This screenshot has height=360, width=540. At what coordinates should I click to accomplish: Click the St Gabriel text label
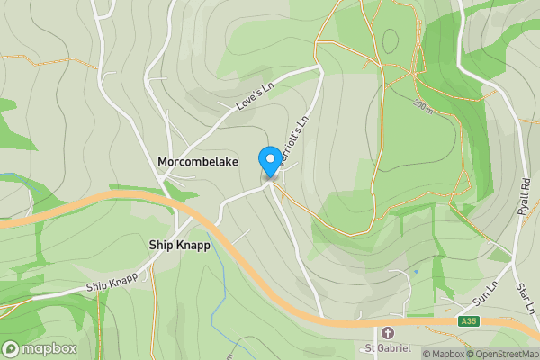pyautogui.click(x=387, y=348)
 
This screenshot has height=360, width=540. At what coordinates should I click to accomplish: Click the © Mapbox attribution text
pyautogui.click(x=443, y=354)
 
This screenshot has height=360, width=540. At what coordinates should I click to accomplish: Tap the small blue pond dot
pyautogui.click(x=416, y=271)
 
